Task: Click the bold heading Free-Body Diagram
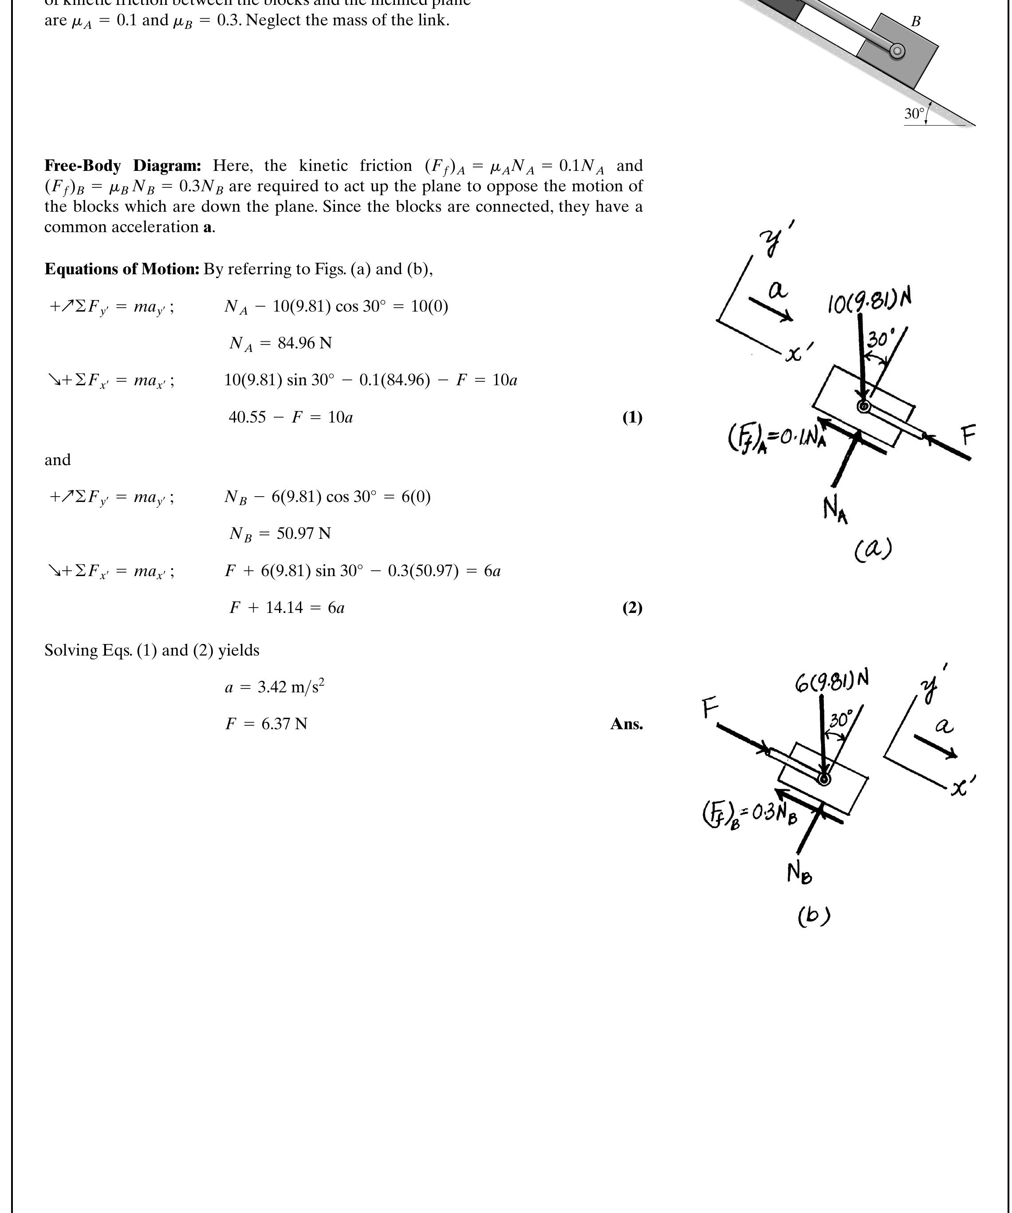click(122, 166)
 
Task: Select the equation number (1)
click(632, 417)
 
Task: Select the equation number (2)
click(632, 608)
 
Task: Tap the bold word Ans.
click(626, 724)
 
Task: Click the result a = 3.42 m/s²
click(275, 687)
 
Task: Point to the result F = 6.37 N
click(266, 724)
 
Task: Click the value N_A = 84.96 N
click(280, 343)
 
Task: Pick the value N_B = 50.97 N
click(280, 533)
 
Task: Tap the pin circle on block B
click(897, 51)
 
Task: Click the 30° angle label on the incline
click(914, 114)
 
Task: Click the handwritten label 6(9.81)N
click(831, 682)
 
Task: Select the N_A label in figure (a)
click(835, 510)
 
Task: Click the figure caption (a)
click(873, 549)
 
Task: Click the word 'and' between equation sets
click(57, 460)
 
